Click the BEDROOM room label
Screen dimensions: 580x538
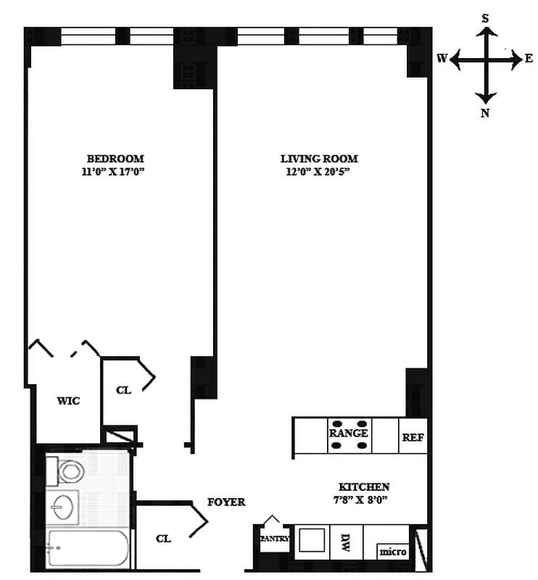click(x=115, y=159)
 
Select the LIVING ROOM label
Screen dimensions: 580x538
click(x=319, y=159)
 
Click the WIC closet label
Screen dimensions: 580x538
click(x=68, y=401)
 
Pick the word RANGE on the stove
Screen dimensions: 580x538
click(x=349, y=434)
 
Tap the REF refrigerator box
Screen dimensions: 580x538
click(x=413, y=438)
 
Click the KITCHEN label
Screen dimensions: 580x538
click(x=364, y=487)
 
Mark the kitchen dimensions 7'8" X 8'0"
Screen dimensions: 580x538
click(x=364, y=500)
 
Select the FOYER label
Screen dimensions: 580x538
click(x=226, y=502)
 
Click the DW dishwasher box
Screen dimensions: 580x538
click(x=346, y=541)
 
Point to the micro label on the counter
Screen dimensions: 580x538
click(x=393, y=552)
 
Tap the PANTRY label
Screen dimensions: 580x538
click(x=275, y=539)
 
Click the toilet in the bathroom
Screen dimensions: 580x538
click(x=70, y=471)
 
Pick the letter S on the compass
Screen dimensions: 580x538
click(x=485, y=18)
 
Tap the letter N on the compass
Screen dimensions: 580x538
click(x=485, y=112)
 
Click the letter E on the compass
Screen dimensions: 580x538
click(x=529, y=59)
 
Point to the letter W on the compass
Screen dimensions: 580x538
click(x=442, y=59)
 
